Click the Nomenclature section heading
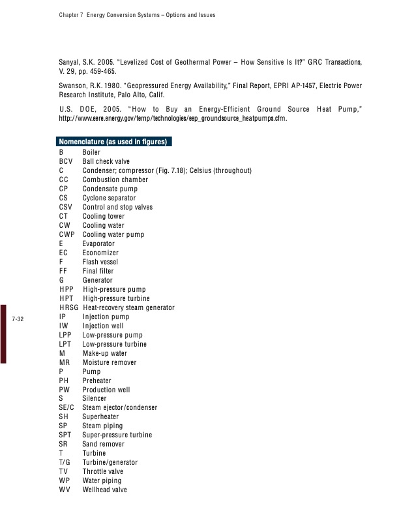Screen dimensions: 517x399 click(113, 142)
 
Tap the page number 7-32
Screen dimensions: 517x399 click(18, 319)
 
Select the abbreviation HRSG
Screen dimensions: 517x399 click(68, 307)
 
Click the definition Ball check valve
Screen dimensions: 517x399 click(106, 161)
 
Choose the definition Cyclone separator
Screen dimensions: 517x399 click(109, 198)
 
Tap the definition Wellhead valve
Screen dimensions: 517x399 click(104, 490)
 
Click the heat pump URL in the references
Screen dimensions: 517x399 click(173, 119)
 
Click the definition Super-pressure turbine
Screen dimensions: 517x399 click(117, 435)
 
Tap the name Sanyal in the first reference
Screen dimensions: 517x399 click(70, 61)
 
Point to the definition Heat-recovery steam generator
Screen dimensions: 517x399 click(128, 307)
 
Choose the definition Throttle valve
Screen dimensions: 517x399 click(103, 471)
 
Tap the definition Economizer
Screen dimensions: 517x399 click(100, 253)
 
